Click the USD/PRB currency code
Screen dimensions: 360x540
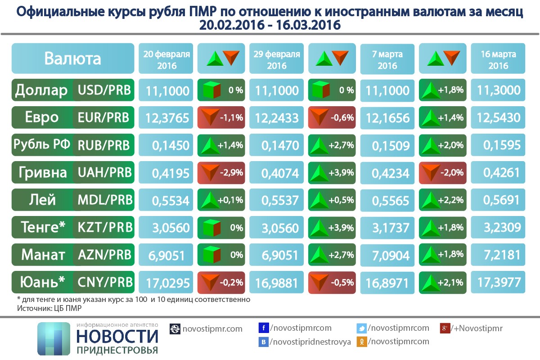(x=104, y=90)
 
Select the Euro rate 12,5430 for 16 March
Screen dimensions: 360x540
(x=498, y=118)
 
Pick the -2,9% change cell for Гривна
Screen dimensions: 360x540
(x=221, y=173)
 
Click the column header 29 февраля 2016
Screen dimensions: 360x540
(x=277, y=59)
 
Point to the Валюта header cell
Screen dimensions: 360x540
(x=73, y=58)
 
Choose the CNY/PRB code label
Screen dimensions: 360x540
(x=104, y=282)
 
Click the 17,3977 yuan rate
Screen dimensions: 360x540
(x=498, y=283)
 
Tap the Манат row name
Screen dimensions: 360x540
(x=43, y=255)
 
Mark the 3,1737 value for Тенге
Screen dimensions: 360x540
(x=387, y=228)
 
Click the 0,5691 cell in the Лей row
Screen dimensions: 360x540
(x=498, y=200)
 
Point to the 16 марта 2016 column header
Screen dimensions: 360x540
(x=498, y=59)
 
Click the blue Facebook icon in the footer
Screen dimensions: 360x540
(x=264, y=328)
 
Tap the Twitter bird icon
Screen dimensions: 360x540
(x=361, y=328)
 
